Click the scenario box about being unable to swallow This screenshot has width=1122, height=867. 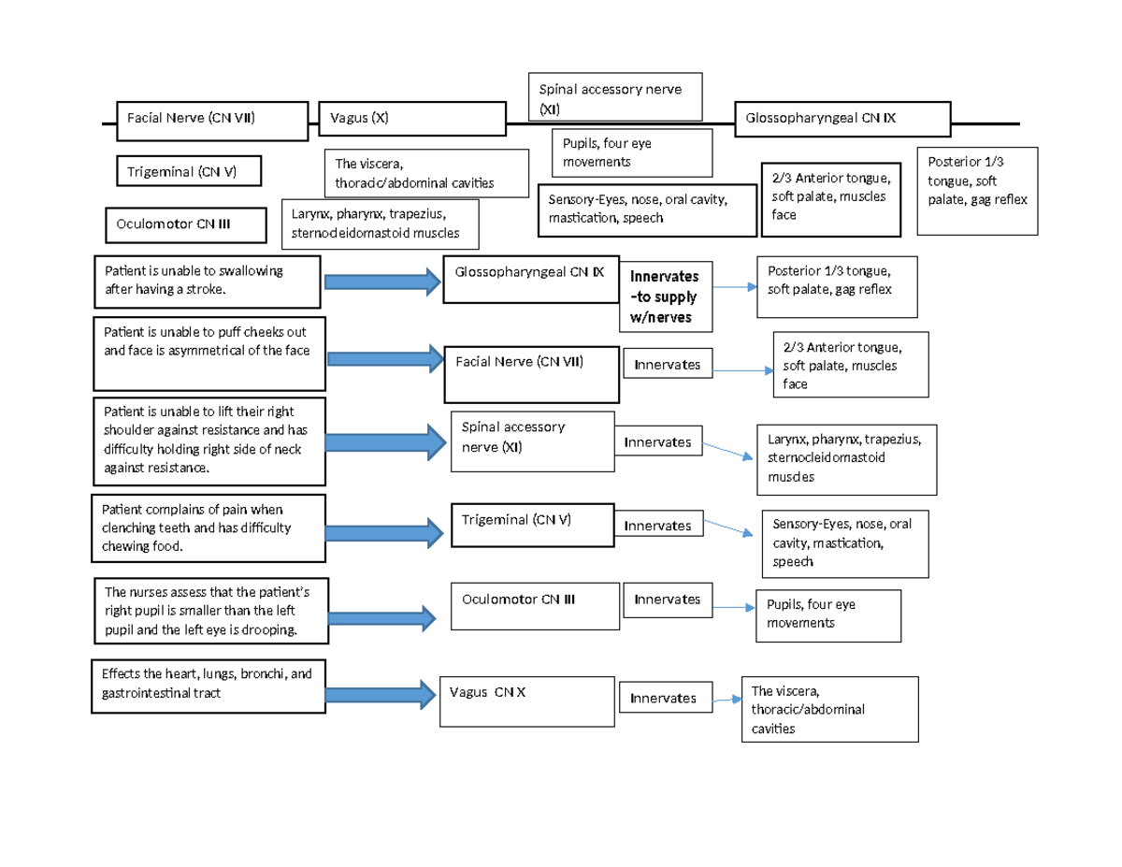(x=208, y=280)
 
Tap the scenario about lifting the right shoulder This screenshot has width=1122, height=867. (x=208, y=440)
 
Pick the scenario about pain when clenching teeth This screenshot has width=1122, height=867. (x=208, y=529)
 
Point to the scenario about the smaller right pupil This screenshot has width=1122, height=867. (x=212, y=612)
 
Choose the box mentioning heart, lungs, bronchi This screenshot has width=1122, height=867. (x=208, y=686)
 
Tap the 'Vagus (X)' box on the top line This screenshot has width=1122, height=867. (x=411, y=119)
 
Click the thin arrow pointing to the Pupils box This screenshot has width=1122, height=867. (x=733, y=607)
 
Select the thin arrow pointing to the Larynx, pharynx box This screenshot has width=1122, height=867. (x=727, y=451)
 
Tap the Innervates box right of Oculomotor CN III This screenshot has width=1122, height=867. (x=667, y=600)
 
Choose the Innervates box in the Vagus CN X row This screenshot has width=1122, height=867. (x=663, y=699)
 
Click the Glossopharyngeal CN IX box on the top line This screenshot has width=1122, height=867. (x=842, y=119)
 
